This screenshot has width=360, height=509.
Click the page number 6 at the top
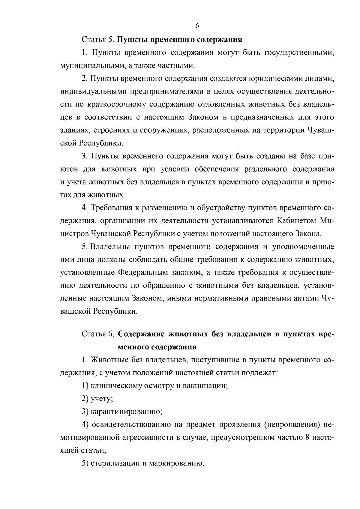(197, 26)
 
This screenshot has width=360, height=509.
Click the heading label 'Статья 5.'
(97, 40)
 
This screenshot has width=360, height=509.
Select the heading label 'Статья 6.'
(97, 334)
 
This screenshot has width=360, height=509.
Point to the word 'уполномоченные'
(303, 247)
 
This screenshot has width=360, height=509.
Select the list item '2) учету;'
(97, 399)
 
